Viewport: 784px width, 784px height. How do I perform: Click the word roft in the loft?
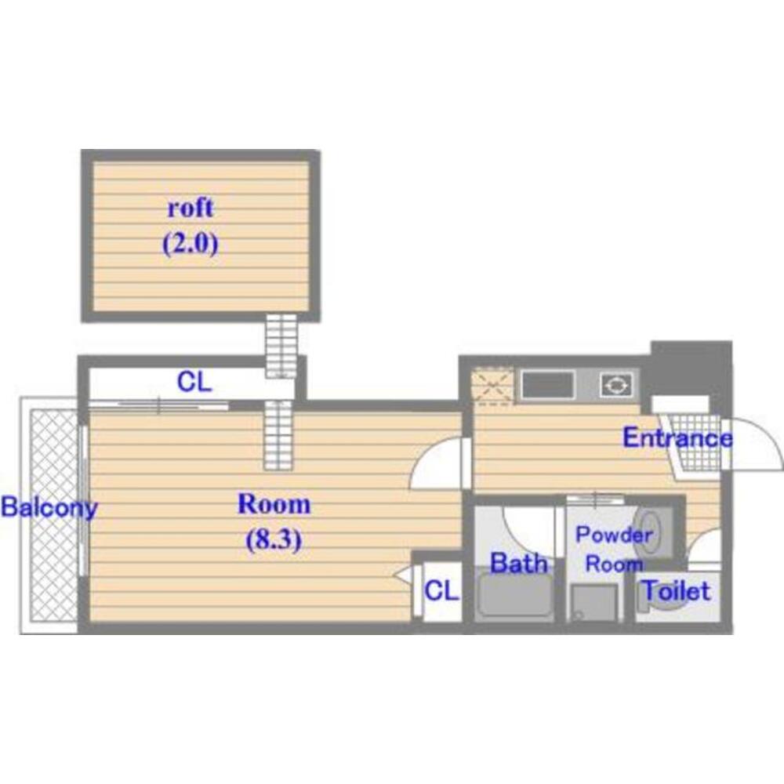point(191,208)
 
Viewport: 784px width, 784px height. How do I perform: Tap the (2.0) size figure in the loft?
point(191,245)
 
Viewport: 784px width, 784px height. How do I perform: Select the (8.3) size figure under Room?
point(274,539)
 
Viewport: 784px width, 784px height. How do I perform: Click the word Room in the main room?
point(274,504)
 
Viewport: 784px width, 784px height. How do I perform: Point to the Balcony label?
point(49,508)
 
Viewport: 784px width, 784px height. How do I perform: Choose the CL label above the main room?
point(194,383)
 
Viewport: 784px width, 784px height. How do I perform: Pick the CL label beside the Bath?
point(441,590)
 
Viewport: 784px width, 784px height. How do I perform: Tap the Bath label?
point(519,564)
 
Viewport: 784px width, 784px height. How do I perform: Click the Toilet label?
point(676,591)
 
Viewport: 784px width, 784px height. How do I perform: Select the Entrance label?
point(677,438)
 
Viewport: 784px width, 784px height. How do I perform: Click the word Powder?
point(614,535)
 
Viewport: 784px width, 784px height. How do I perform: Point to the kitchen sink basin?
point(547,386)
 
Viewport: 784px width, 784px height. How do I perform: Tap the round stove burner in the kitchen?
point(616,386)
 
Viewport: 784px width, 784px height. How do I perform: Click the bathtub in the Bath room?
point(515,597)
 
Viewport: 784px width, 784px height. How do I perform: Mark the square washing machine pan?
point(594,603)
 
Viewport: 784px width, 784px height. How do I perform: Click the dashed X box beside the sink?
point(492,386)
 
